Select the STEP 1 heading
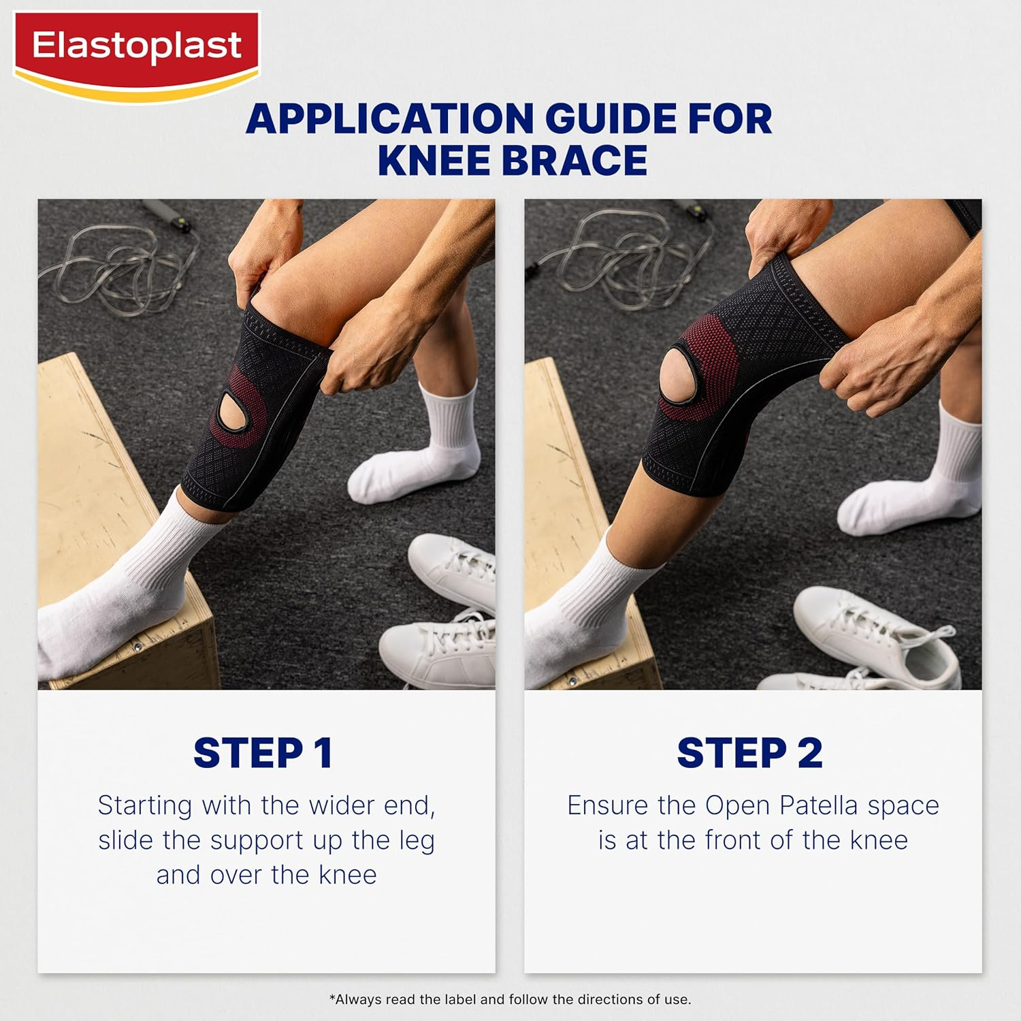263,753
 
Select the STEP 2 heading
749,753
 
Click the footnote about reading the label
510,999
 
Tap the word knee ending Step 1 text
347,875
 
